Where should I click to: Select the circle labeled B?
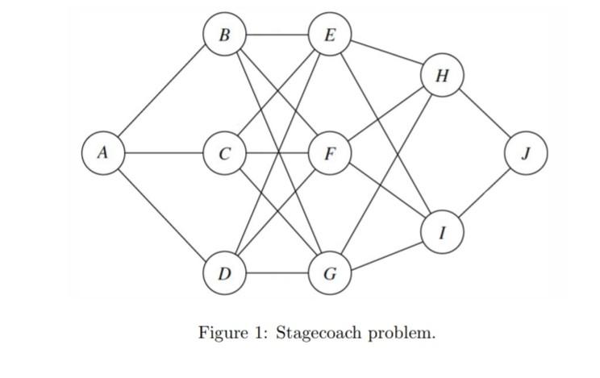coord(224,35)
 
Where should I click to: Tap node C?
coord(224,152)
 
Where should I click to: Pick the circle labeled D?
coord(224,273)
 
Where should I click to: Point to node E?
coord(329,35)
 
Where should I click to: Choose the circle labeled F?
coord(329,152)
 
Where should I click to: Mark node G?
coord(329,273)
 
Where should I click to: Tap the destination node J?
coord(526,152)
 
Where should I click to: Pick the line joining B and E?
coord(277,35)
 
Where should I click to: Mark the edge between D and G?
coord(277,273)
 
